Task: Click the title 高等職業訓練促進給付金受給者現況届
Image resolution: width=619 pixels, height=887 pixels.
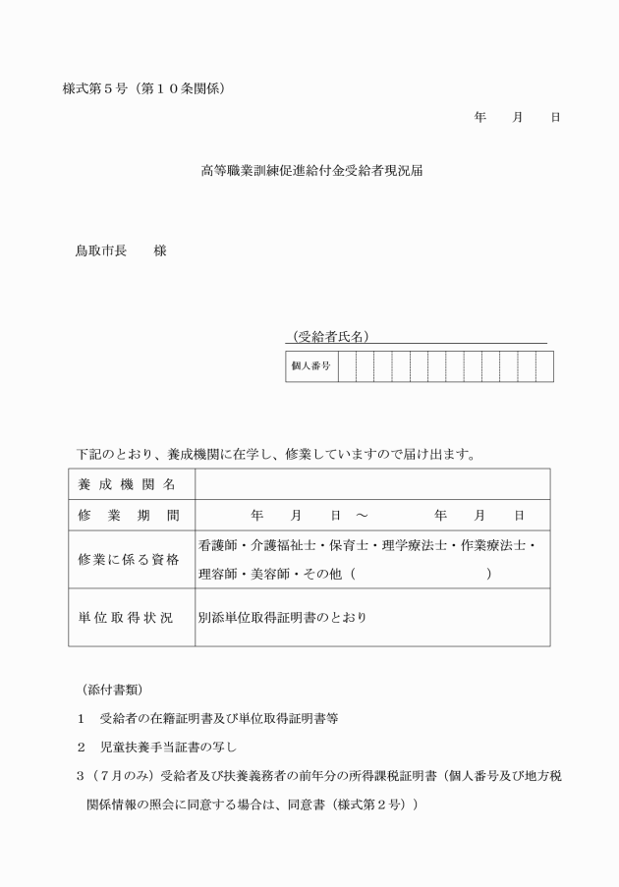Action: point(311,170)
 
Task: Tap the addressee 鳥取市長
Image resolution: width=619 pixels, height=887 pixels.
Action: point(101,250)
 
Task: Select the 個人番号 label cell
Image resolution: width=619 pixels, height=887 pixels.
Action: point(310,365)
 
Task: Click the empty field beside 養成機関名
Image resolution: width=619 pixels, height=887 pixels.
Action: point(371,484)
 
